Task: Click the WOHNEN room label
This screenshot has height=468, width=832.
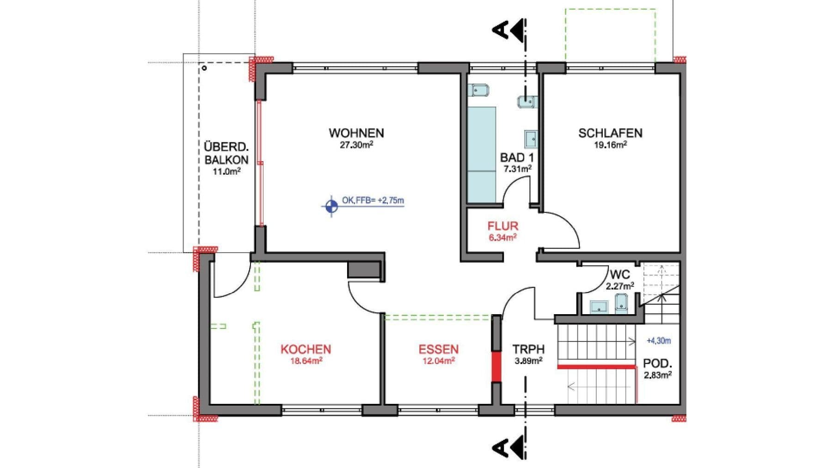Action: click(356, 133)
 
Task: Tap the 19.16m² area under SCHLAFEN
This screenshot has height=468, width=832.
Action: click(610, 145)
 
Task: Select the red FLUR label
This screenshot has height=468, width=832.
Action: click(503, 226)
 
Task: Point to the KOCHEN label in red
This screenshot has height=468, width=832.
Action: click(306, 349)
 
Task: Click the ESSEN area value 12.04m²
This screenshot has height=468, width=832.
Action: click(438, 361)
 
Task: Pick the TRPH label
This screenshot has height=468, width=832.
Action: click(528, 349)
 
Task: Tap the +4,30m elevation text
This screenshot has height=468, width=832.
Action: click(659, 341)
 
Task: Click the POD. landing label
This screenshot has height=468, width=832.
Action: click(657, 363)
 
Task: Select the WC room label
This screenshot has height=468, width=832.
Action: click(619, 274)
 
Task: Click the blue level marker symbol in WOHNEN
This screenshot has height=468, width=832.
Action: click(331, 206)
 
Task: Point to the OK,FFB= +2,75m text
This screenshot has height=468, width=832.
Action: click(373, 201)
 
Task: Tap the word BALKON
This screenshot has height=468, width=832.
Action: click(226, 160)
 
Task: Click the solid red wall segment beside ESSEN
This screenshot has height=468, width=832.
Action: click(496, 366)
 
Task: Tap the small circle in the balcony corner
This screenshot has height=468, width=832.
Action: click(204, 68)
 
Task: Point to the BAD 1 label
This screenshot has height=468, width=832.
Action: click(517, 158)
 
